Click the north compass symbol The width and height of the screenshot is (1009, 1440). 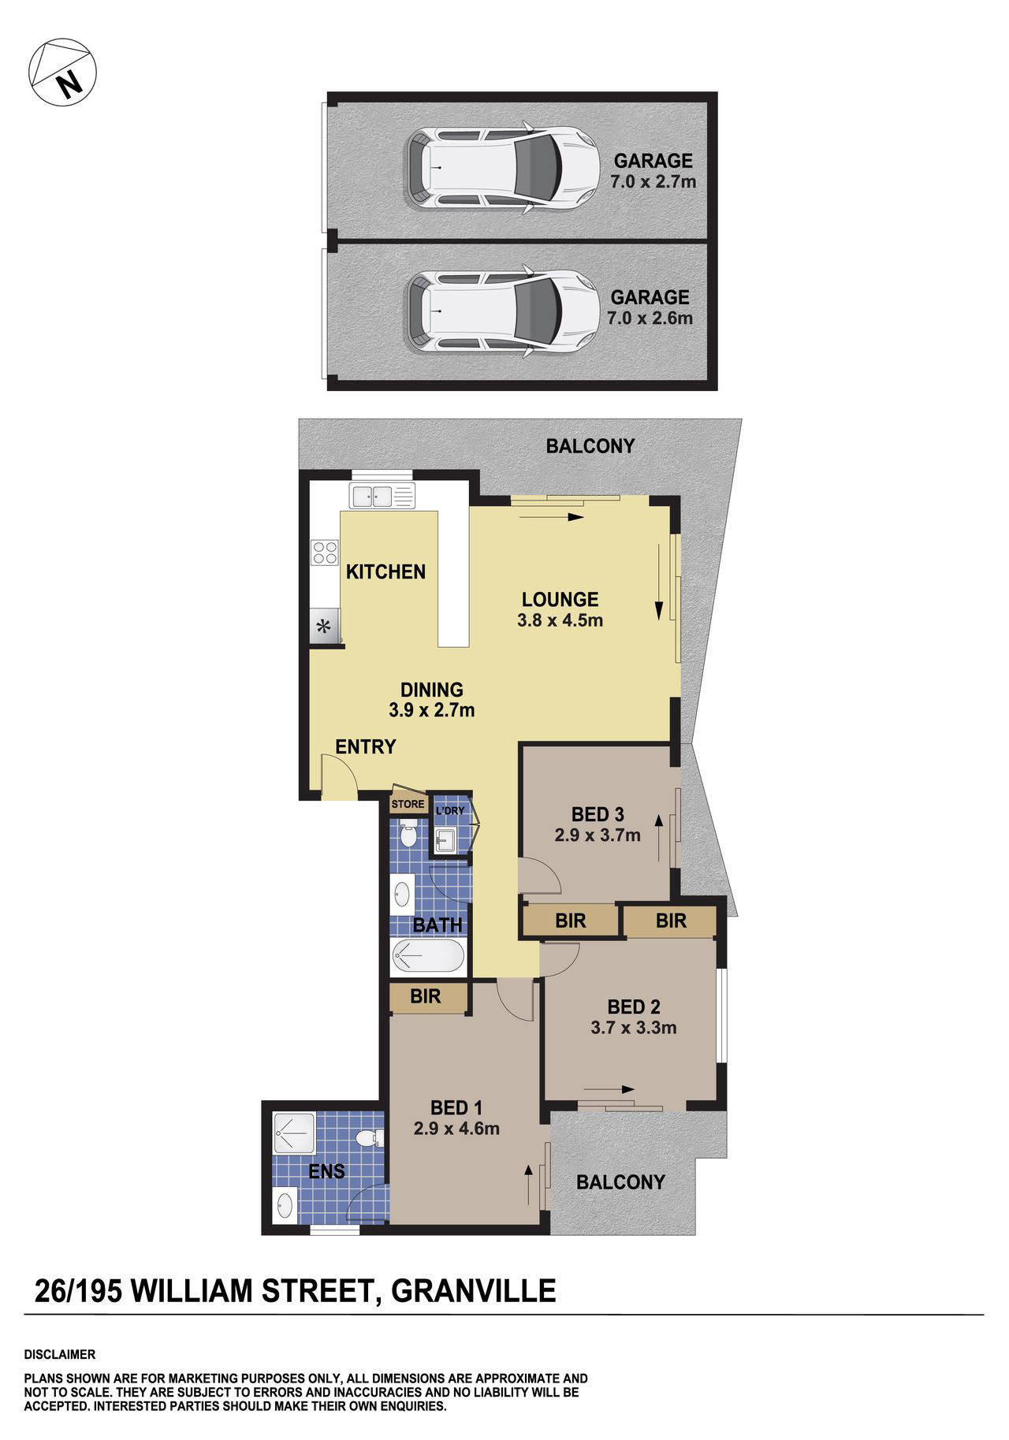click(62, 72)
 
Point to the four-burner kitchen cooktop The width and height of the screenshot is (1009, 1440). click(324, 552)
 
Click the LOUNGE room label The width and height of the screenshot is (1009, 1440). click(560, 599)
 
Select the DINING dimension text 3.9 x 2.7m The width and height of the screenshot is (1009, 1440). click(431, 710)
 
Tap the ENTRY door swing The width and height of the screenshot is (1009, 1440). click(339, 776)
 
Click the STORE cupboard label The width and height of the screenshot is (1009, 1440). click(408, 804)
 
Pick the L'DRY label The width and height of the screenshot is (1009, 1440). click(450, 811)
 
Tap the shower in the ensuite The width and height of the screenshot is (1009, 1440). click(294, 1133)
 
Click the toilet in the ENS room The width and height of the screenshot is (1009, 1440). click(367, 1138)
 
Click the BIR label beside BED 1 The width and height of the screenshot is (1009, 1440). click(425, 997)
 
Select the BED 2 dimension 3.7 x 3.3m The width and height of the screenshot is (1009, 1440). click(633, 1028)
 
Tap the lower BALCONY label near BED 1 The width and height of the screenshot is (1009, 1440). click(620, 1182)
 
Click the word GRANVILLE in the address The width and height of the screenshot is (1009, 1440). click(474, 1291)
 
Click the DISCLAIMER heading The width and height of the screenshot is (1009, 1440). click(60, 1355)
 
